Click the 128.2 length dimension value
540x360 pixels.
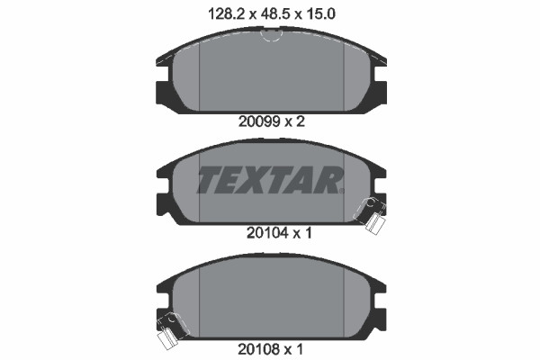tap(227, 14)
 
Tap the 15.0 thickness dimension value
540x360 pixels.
tap(319, 14)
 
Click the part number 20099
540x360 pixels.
tap(260, 121)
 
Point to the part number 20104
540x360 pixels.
tap(267, 233)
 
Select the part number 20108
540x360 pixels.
tap(258, 350)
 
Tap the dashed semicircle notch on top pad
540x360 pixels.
tap(272, 36)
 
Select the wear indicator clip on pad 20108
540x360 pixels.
tap(172, 330)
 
